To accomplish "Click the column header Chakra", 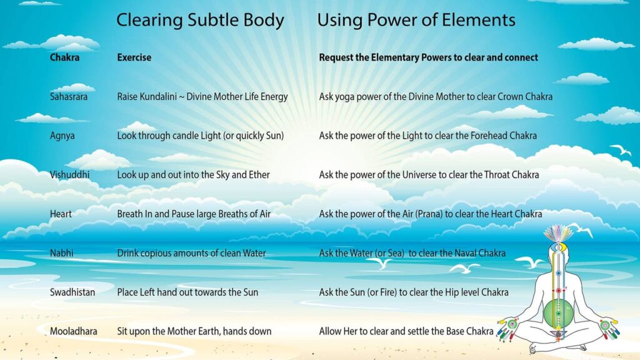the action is (x=64, y=57).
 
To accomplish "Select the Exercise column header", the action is (x=134, y=57).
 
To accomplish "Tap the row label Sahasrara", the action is (x=69, y=97).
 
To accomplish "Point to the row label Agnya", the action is (x=62, y=136).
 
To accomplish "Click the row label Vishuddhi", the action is (x=69, y=175).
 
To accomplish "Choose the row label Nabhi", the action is (x=62, y=253).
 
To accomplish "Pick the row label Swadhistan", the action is (x=72, y=292).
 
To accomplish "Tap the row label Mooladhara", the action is (x=74, y=331).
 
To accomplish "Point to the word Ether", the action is (x=259, y=175).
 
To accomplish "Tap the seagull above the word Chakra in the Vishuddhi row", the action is (x=621, y=150).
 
